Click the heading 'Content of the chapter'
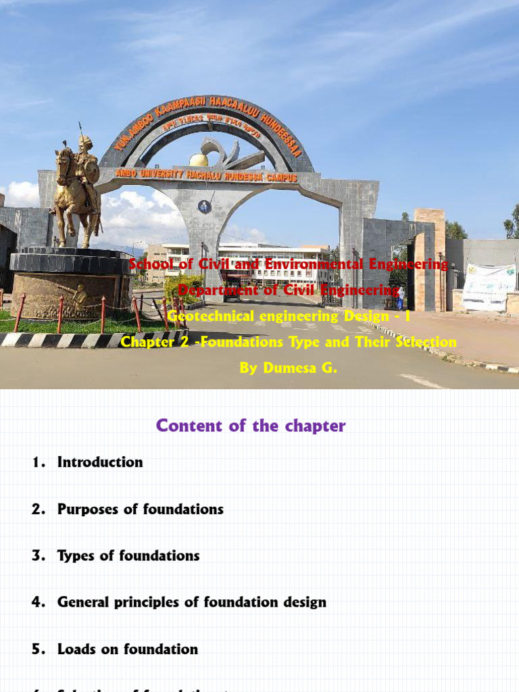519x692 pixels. click(251, 426)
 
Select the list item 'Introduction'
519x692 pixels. click(100, 462)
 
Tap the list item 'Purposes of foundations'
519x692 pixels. click(140, 509)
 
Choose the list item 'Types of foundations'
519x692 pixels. click(128, 555)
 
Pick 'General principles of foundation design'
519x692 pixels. click(191, 602)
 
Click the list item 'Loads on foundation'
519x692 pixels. click(128, 649)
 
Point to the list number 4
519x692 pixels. click(38, 602)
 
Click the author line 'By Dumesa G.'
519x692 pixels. click(288, 368)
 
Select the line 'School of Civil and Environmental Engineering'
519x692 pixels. click(289, 264)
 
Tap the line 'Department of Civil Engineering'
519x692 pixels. click(289, 290)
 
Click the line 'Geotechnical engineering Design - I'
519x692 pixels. click(289, 316)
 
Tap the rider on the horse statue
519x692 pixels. click(86, 162)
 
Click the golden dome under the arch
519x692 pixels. click(199, 159)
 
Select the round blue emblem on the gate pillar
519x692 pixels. click(204, 207)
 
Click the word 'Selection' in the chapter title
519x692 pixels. click(424, 342)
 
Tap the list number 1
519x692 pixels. click(38, 462)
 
